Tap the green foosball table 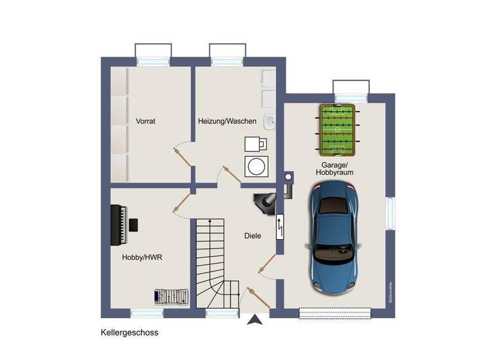[337, 130]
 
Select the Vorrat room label [146, 120]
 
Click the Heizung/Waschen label [227, 121]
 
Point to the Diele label [253, 236]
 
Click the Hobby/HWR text [142, 257]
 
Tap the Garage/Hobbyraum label [334, 168]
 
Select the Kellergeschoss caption [129, 333]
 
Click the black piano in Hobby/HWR [118, 225]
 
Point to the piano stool [133, 224]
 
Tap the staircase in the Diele [213, 257]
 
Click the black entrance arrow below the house [255, 319]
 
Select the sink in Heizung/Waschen [271, 121]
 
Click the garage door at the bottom [336, 312]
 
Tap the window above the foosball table [351, 87]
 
